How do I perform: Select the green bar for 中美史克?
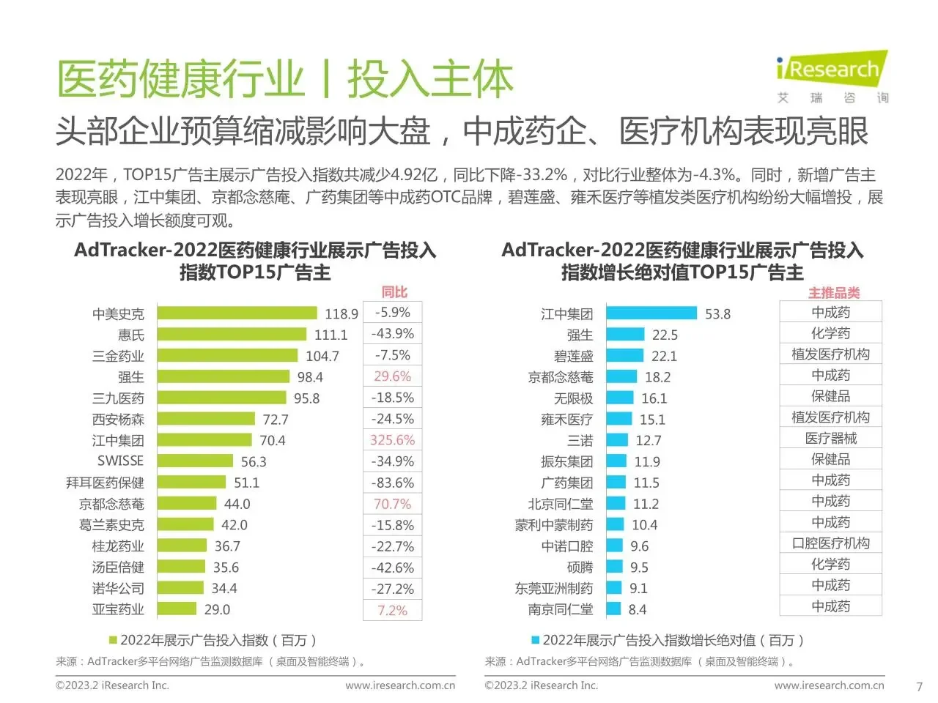coord(237,313)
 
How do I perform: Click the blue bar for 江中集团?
coord(651,313)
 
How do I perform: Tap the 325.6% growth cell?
coord(392,440)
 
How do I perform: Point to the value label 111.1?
coord(330,335)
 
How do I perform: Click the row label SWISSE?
coord(120,461)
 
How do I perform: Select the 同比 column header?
coord(394,291)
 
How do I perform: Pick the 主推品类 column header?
coord(833,293)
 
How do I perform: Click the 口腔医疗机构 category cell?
coord(830,543)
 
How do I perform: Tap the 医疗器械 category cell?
coord(830,438)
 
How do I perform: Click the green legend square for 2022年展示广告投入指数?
coord(113,640)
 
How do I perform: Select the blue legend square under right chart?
coord(535,640)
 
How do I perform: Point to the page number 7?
coord(919,687)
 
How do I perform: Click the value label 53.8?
coord(717,313)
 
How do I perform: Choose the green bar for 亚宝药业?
coord(177,609)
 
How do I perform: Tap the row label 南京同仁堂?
coord(561,609)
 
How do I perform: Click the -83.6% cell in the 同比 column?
coord(392,483)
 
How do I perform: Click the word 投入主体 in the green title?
coord(430,79)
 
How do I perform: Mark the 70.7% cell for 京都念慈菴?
coord(392,504)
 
